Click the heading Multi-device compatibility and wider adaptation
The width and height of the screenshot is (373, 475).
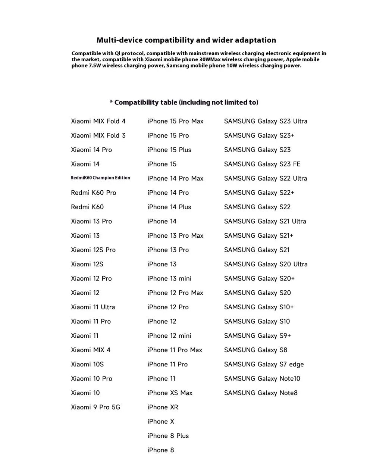point(186,40)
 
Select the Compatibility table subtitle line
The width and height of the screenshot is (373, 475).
point(184,102)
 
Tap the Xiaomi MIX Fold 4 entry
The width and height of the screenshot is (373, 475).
point(98,121)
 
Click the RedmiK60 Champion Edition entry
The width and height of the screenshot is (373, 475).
point(100,178)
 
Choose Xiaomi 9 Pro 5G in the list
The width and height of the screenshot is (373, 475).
point(95,407)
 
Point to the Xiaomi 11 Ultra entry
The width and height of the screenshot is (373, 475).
point(93,307)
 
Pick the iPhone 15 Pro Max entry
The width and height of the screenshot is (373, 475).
point(175,121)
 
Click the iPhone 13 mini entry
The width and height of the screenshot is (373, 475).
point(169,278)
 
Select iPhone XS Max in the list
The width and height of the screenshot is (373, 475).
point(170,393)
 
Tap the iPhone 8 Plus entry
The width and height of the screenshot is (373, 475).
point(168,436)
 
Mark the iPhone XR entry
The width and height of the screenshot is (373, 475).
point(163,407)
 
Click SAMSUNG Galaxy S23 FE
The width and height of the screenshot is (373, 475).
point(262,164)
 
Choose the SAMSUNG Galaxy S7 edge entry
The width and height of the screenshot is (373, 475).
point(264,364)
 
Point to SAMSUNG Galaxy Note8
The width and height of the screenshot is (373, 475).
point(261,393)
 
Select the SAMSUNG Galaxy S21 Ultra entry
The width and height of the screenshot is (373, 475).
point(265,221)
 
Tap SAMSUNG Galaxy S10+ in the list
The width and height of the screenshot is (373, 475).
point(259,307)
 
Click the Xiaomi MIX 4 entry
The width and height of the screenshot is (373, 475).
point(91,350)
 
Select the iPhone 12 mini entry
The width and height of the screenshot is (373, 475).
point(169,336)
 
